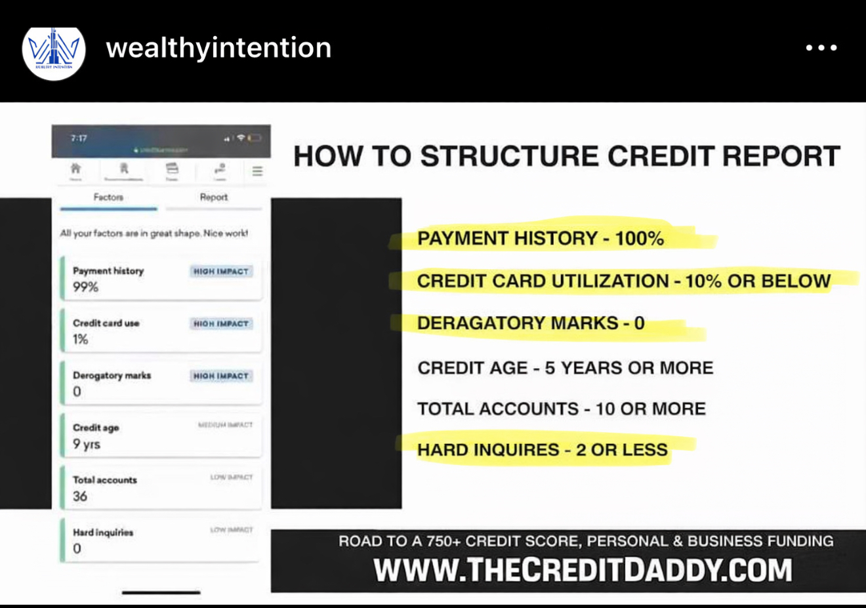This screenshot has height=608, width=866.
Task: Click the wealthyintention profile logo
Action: [x=54, y=53]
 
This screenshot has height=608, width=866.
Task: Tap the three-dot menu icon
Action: [x=821, y=48]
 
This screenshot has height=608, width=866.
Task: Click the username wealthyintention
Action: [x=218, y=48]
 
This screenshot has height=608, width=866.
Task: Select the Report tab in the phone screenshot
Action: [x=213, y=197]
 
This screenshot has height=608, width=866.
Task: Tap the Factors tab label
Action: [x=108, y=197]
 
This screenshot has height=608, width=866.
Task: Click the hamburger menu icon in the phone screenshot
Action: [x=257, y=171]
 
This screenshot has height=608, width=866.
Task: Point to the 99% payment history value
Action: [x=85, y=287]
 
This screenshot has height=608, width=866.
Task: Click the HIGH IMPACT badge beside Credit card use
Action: [x=221, y=324]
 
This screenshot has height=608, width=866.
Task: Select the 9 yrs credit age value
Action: [x=87, y=444]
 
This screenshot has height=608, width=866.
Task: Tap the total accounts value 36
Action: [x=80, y=497]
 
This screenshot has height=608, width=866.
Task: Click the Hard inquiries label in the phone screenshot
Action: [x=103, y=533]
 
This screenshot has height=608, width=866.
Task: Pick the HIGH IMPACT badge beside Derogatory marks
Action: [x=221, y=376]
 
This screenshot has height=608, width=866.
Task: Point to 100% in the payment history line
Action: [x=639, y=239]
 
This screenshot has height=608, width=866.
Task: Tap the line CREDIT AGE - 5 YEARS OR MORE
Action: [x=565, y=368]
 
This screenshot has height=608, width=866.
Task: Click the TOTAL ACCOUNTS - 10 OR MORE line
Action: [x=561, y=409]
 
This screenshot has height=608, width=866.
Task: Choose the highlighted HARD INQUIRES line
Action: [x=542, y=450]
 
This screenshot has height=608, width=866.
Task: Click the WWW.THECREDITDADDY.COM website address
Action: [x=583, y=570]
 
